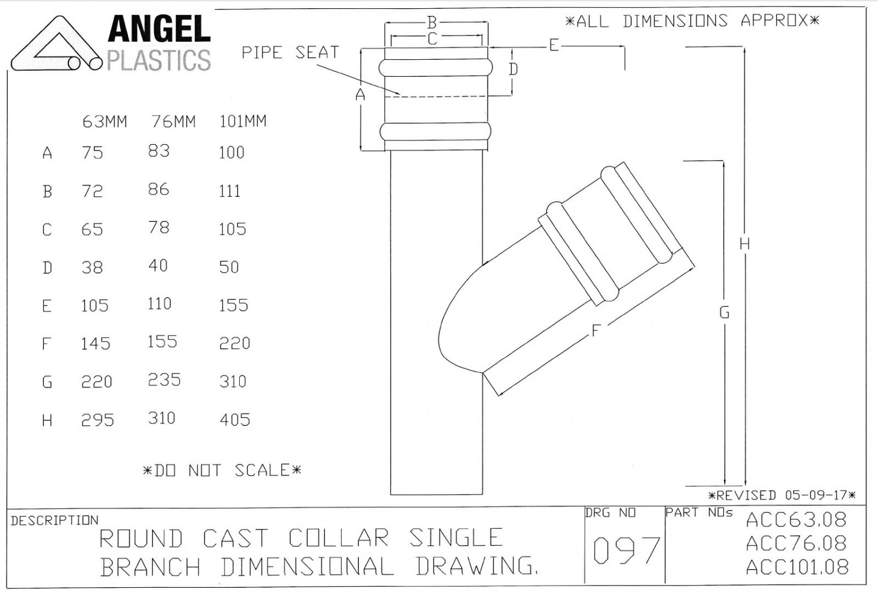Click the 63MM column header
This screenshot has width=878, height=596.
pyautogui.click(x=105, y=122)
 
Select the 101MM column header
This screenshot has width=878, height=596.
pyautogui.click(x=243, y=121)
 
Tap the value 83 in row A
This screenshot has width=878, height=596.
pyautogui.click(x=159, y=151)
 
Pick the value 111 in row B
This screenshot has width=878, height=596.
pyautogui.click(x=230, y=191)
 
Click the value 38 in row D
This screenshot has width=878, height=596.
pyautogui.click(x=92, y=268)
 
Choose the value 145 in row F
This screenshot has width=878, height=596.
pyautogui.click(x=95, y=344)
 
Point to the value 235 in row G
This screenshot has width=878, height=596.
pyautogui.click(x=164, y=380)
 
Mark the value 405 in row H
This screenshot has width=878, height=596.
pyautogui.click(x=235, y=420)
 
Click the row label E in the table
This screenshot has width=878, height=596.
pyautogui.click(x=47, y=306)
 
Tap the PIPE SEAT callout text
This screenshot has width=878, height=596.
pyautogui.click(x=290, y=53)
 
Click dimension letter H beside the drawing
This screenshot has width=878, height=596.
pyautogui.click(x=745, y=244)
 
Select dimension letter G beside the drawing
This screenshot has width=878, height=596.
pyautogui.click(x=724, y=313)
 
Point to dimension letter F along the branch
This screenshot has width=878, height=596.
pyautogui.click(x=595, y=331)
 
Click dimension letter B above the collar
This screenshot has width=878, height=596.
pyautogui.click(x=431, y=22)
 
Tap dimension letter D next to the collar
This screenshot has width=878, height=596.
pyautogui.click(x=514, y=69)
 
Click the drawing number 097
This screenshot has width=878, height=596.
pyautogui.click(x=626, y=550)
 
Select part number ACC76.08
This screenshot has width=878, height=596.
pyautogui.click(x=796, y=543)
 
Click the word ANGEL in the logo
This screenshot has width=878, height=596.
pyautogui.click(x=159, y=29)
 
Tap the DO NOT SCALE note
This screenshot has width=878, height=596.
pyautogui.click(x=222, y=470)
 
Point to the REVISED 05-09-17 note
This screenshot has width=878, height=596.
pyautogui.click(x=782, y=495)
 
